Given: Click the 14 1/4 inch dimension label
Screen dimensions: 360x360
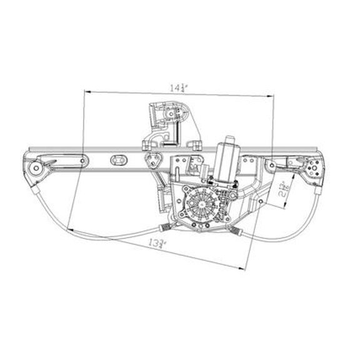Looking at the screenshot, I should pyautogui.click(x=178, y=87).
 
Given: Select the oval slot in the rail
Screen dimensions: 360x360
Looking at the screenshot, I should pyautogui.click(x=117, y=160).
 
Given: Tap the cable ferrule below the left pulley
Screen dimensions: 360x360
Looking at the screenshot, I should pyautogui.click(x=36, y=188).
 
